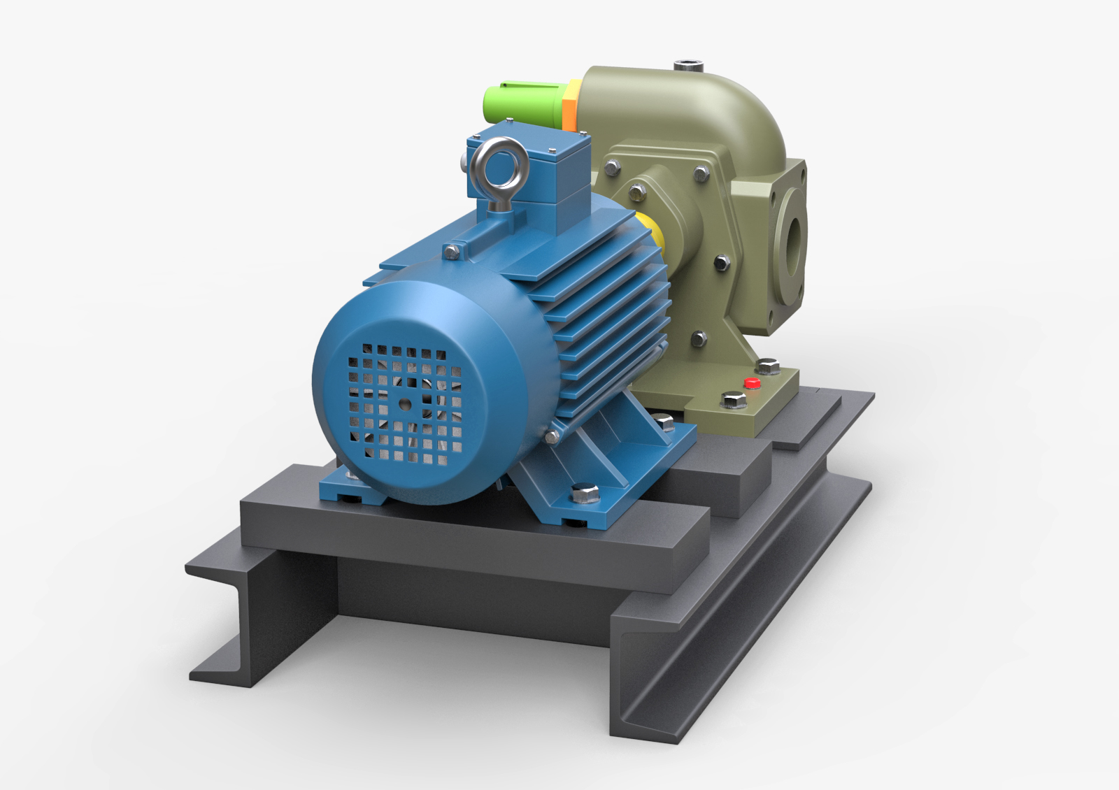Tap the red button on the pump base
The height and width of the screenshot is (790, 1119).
click(x=752, y=383)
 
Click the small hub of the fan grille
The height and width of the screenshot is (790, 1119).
click(x=405, y=403)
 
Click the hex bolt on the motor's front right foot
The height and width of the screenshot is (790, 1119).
click(x=585, y=494)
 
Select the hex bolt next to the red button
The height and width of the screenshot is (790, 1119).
click(x=732, y=400)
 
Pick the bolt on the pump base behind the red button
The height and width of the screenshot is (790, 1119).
click(x=768, y=366)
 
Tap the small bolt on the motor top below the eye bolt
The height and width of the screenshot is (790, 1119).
click(x=451, y=250)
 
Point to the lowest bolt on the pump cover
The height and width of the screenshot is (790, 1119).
click(x=698, y=339)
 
